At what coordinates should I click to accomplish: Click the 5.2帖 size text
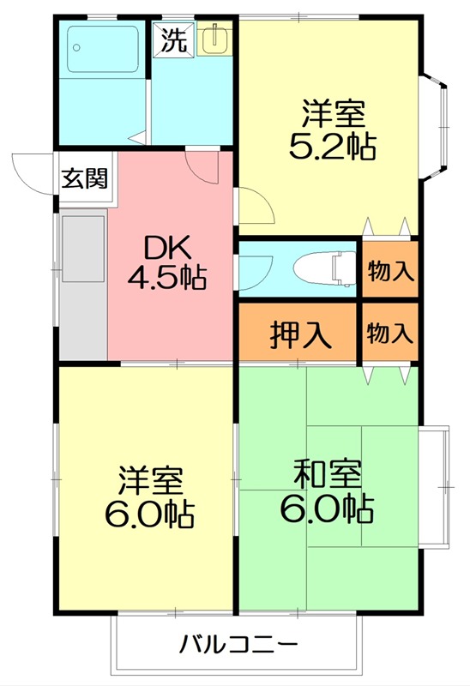(x=333, y=147)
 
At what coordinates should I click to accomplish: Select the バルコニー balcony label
(x=238, y=644)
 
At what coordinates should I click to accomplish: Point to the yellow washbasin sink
(x=214, y=39)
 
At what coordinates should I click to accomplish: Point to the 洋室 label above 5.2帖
(x=333, y=115)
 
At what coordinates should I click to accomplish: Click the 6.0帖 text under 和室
(x=327, y=509)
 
